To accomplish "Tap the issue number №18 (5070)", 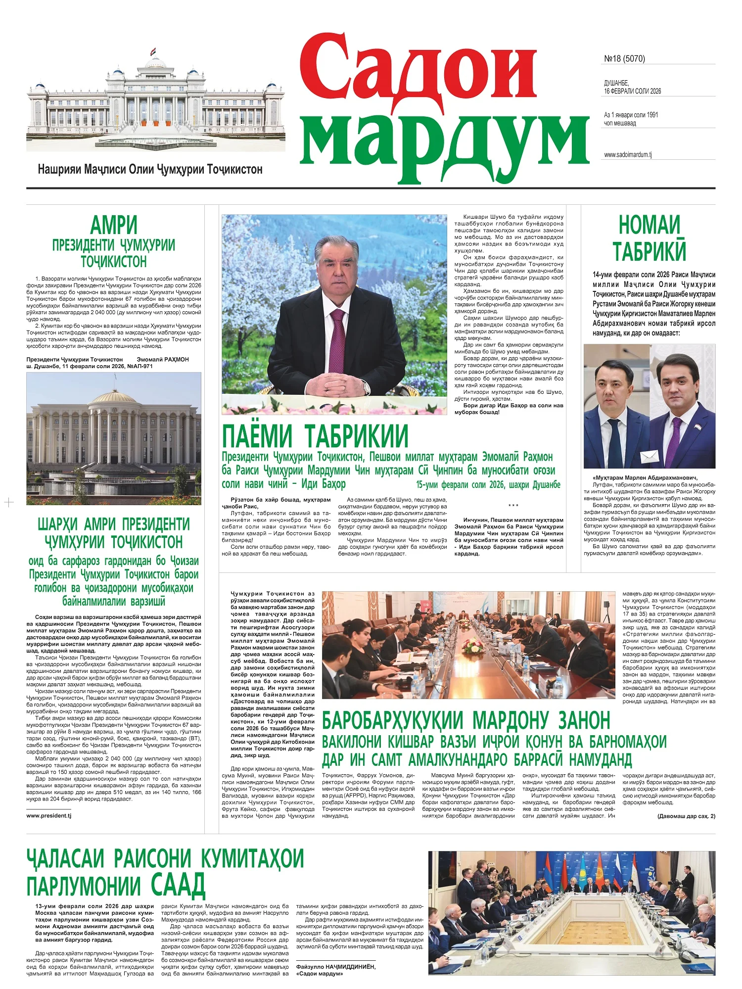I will point(624,59).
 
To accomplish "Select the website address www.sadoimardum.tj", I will point(628,155).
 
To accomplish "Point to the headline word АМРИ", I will point(114,226).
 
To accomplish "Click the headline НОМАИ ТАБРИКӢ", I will point(649,238).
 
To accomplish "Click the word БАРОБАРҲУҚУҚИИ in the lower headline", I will point(392,721).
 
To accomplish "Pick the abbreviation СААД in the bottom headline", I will point(178,885).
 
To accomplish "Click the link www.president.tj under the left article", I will point(48,815).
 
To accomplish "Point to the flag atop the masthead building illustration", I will point(154,51).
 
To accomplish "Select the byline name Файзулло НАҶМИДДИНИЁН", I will point(335,966).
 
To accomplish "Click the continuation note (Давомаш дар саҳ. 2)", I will point(686,816).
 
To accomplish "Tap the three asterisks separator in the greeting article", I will point(513,506).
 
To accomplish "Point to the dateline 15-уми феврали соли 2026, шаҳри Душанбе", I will point(488,485).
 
